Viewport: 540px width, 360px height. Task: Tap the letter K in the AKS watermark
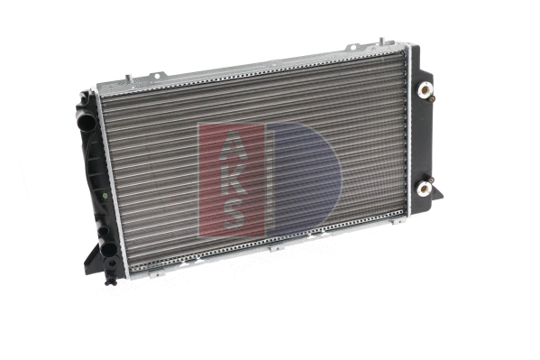231,180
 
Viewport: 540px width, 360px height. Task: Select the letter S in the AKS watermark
231,213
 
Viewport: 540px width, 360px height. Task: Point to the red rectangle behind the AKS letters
216,180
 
